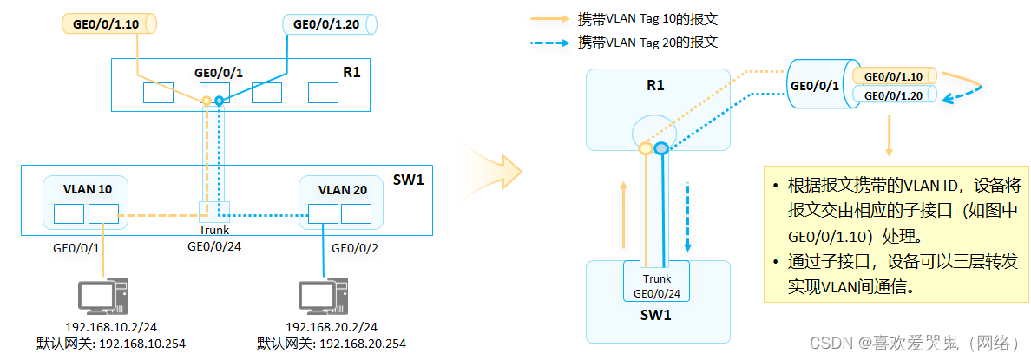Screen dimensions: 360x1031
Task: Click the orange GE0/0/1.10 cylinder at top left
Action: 109,23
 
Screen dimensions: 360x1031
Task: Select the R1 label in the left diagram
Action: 351,72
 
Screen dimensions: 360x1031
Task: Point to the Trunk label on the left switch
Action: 213,231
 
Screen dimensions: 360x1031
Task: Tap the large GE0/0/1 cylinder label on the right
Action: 814,85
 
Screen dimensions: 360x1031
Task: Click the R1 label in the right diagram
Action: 655,85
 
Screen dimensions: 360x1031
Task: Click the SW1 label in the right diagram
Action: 655,314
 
